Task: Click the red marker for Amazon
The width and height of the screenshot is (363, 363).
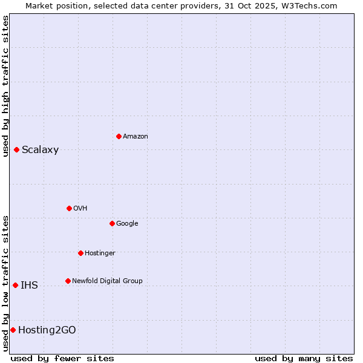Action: (119, 136)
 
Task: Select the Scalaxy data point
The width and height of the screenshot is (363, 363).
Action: (16, 149)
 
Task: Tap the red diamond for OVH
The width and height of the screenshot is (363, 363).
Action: (69, 208)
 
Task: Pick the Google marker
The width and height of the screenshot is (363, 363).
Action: (112, 223)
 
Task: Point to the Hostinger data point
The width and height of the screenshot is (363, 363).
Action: (80, 253)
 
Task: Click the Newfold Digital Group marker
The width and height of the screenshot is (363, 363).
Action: (68, 281)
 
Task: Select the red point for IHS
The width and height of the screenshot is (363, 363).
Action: (15, 285)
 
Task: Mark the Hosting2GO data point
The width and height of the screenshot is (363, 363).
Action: (13, 330)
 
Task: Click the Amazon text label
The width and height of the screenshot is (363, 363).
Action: (136, 137)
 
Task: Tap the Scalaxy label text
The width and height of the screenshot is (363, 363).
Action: (40, 150)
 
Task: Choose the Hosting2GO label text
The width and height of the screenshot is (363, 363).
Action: (47, 330)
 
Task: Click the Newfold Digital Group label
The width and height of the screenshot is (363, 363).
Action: (107, 281)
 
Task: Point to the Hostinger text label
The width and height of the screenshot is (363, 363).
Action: (100, 253)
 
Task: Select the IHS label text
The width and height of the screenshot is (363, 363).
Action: (29, 286)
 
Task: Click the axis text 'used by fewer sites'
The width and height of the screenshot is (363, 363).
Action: (62, 358)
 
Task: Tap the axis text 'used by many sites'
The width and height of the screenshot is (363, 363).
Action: (304, 358)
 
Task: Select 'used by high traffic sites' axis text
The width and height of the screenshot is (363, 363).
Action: (5, 86)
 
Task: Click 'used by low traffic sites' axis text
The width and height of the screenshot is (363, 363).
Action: (5, 283)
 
